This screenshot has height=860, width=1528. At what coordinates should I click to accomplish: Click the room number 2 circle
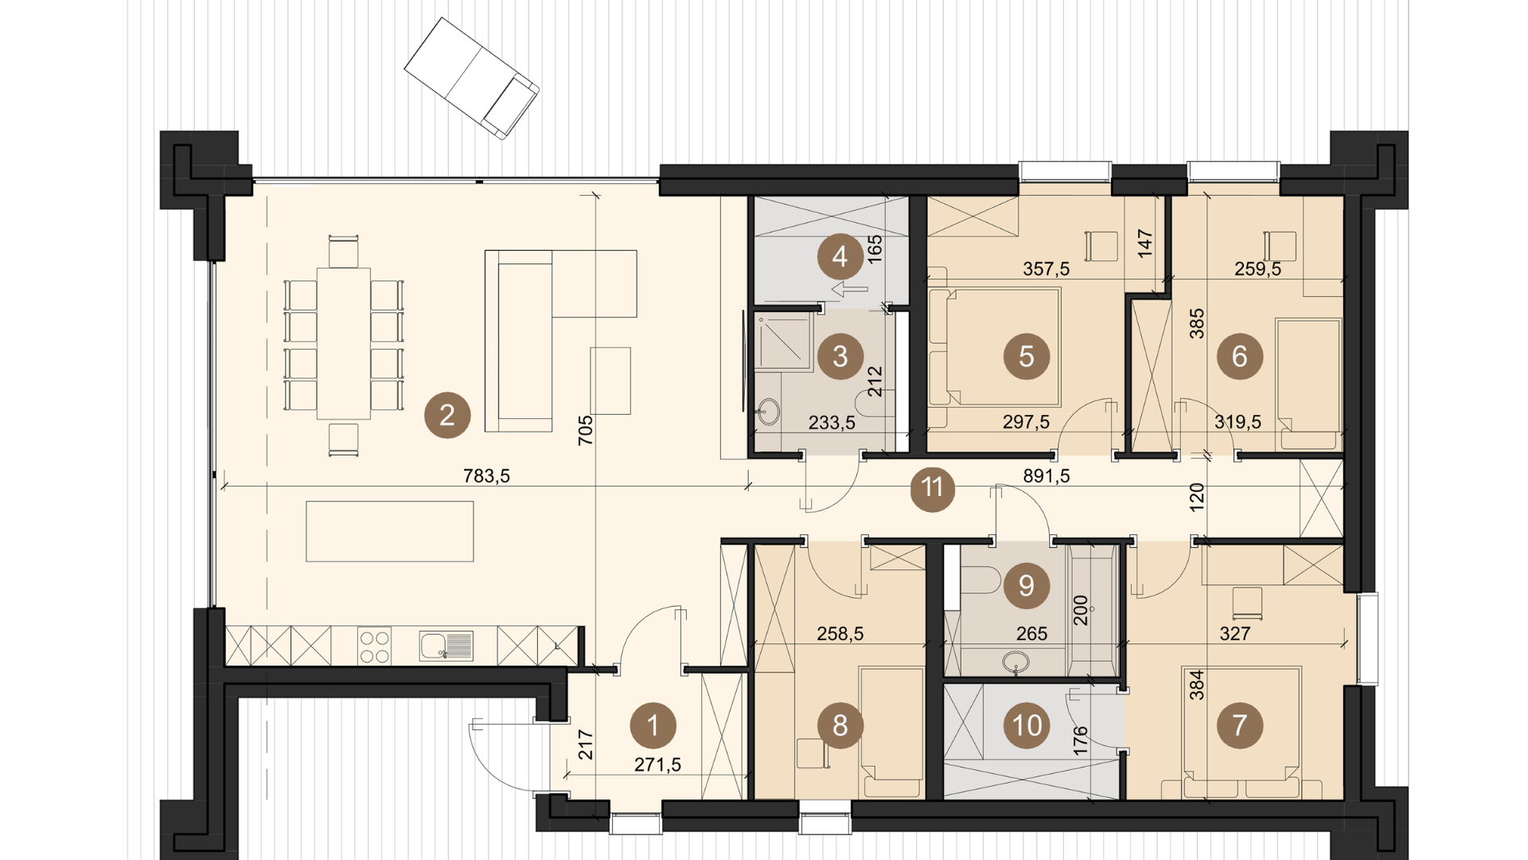click(x=447, y=415)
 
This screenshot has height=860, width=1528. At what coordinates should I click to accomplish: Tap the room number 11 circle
click(x=932, y=487)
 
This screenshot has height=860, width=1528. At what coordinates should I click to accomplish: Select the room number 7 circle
click(x=1239, y=725)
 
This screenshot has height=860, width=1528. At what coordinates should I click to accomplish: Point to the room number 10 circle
click(x=1027, y=725)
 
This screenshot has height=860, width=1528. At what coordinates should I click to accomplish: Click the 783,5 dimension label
click(x=486, y=476)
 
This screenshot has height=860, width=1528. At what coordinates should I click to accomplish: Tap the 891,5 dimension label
click(x=1047, y=476)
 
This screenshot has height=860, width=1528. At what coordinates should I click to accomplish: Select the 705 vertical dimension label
click(x=586, y=430)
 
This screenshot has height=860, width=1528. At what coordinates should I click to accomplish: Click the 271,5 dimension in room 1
click(x=657, y=764)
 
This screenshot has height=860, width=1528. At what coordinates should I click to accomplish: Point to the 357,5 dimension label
click(x=1047, y=269)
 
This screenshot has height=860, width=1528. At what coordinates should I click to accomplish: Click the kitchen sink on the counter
click(x=446, y=646)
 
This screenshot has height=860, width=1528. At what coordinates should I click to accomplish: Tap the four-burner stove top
click(x=374, y=646)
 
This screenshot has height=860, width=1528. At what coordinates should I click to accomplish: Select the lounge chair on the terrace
click(x=472, y=78)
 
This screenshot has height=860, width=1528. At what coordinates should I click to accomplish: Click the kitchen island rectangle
click(x=390, y=531)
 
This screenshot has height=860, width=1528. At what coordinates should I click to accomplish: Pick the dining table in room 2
click(x=344, y=343)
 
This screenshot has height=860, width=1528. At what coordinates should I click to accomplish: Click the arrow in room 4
click(x=849, y=289)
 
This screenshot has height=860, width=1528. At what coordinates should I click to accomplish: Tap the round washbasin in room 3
click(x=769, y=412)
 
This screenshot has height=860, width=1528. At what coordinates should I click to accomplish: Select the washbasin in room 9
click(x=1016, y=663)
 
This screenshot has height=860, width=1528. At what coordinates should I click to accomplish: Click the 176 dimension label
click(x=1080, y=741)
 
